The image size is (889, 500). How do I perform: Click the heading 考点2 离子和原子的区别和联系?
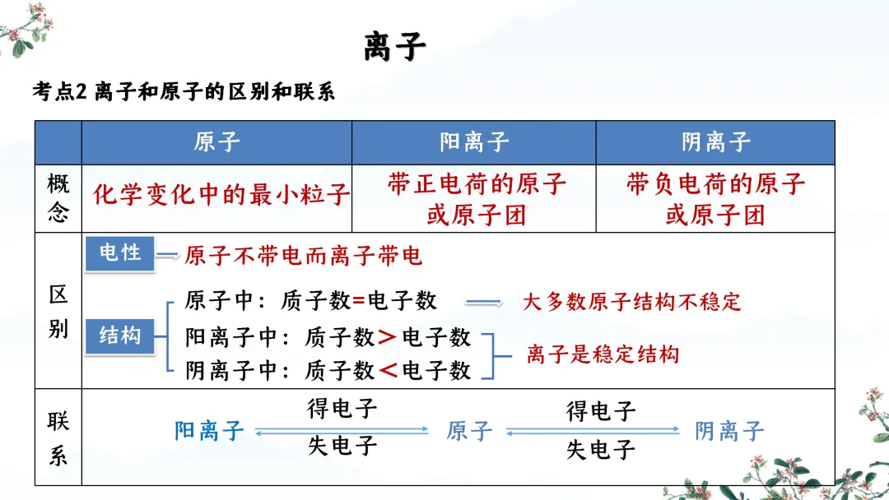(184, 92)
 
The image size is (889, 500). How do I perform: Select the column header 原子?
(216, 142)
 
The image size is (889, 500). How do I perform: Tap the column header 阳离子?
(474, 142)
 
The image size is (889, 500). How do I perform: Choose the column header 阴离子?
(715, 142)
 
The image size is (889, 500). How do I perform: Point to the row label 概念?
(58, 198)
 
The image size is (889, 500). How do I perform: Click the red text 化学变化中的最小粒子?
(221, 195)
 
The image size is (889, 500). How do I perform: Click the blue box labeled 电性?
(120, 253)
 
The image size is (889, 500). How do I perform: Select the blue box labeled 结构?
(120, 336)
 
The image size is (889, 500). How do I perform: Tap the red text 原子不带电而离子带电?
(303, 256)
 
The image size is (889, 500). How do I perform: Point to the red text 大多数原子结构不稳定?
(632, 301)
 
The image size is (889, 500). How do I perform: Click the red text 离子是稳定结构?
(603, 354)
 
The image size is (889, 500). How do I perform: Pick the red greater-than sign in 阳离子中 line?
(387, 337)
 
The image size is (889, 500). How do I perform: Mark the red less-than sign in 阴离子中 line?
(387, 371)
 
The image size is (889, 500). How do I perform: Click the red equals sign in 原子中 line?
(359, 301)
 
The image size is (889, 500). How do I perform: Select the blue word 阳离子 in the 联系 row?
(209, 430)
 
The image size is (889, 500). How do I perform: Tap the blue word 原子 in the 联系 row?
(469, 430)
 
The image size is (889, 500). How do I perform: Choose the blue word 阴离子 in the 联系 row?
(729, 430)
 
